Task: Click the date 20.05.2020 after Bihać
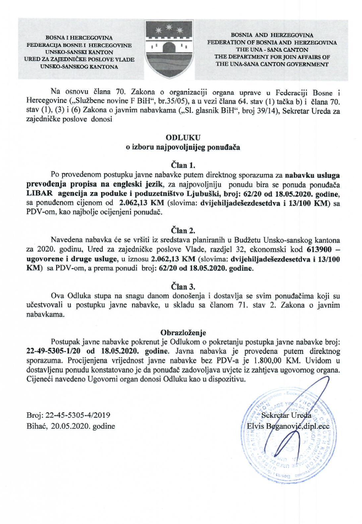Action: (x=73, y=426)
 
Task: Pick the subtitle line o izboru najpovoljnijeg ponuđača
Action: (x=180, y=146)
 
